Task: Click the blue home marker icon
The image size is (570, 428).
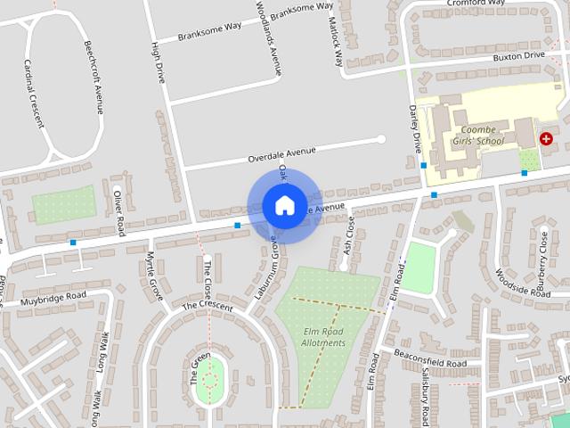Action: [283, 205]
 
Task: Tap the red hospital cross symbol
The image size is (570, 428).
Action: [546, 139]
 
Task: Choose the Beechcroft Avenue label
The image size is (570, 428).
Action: [94, 77]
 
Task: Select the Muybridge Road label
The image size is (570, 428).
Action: [56, 299]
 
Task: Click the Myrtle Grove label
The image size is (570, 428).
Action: [151, 275]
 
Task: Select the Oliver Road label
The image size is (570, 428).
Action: [118, 210]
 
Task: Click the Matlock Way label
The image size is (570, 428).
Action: [336, 41]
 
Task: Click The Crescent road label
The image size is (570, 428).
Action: [207, 306]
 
